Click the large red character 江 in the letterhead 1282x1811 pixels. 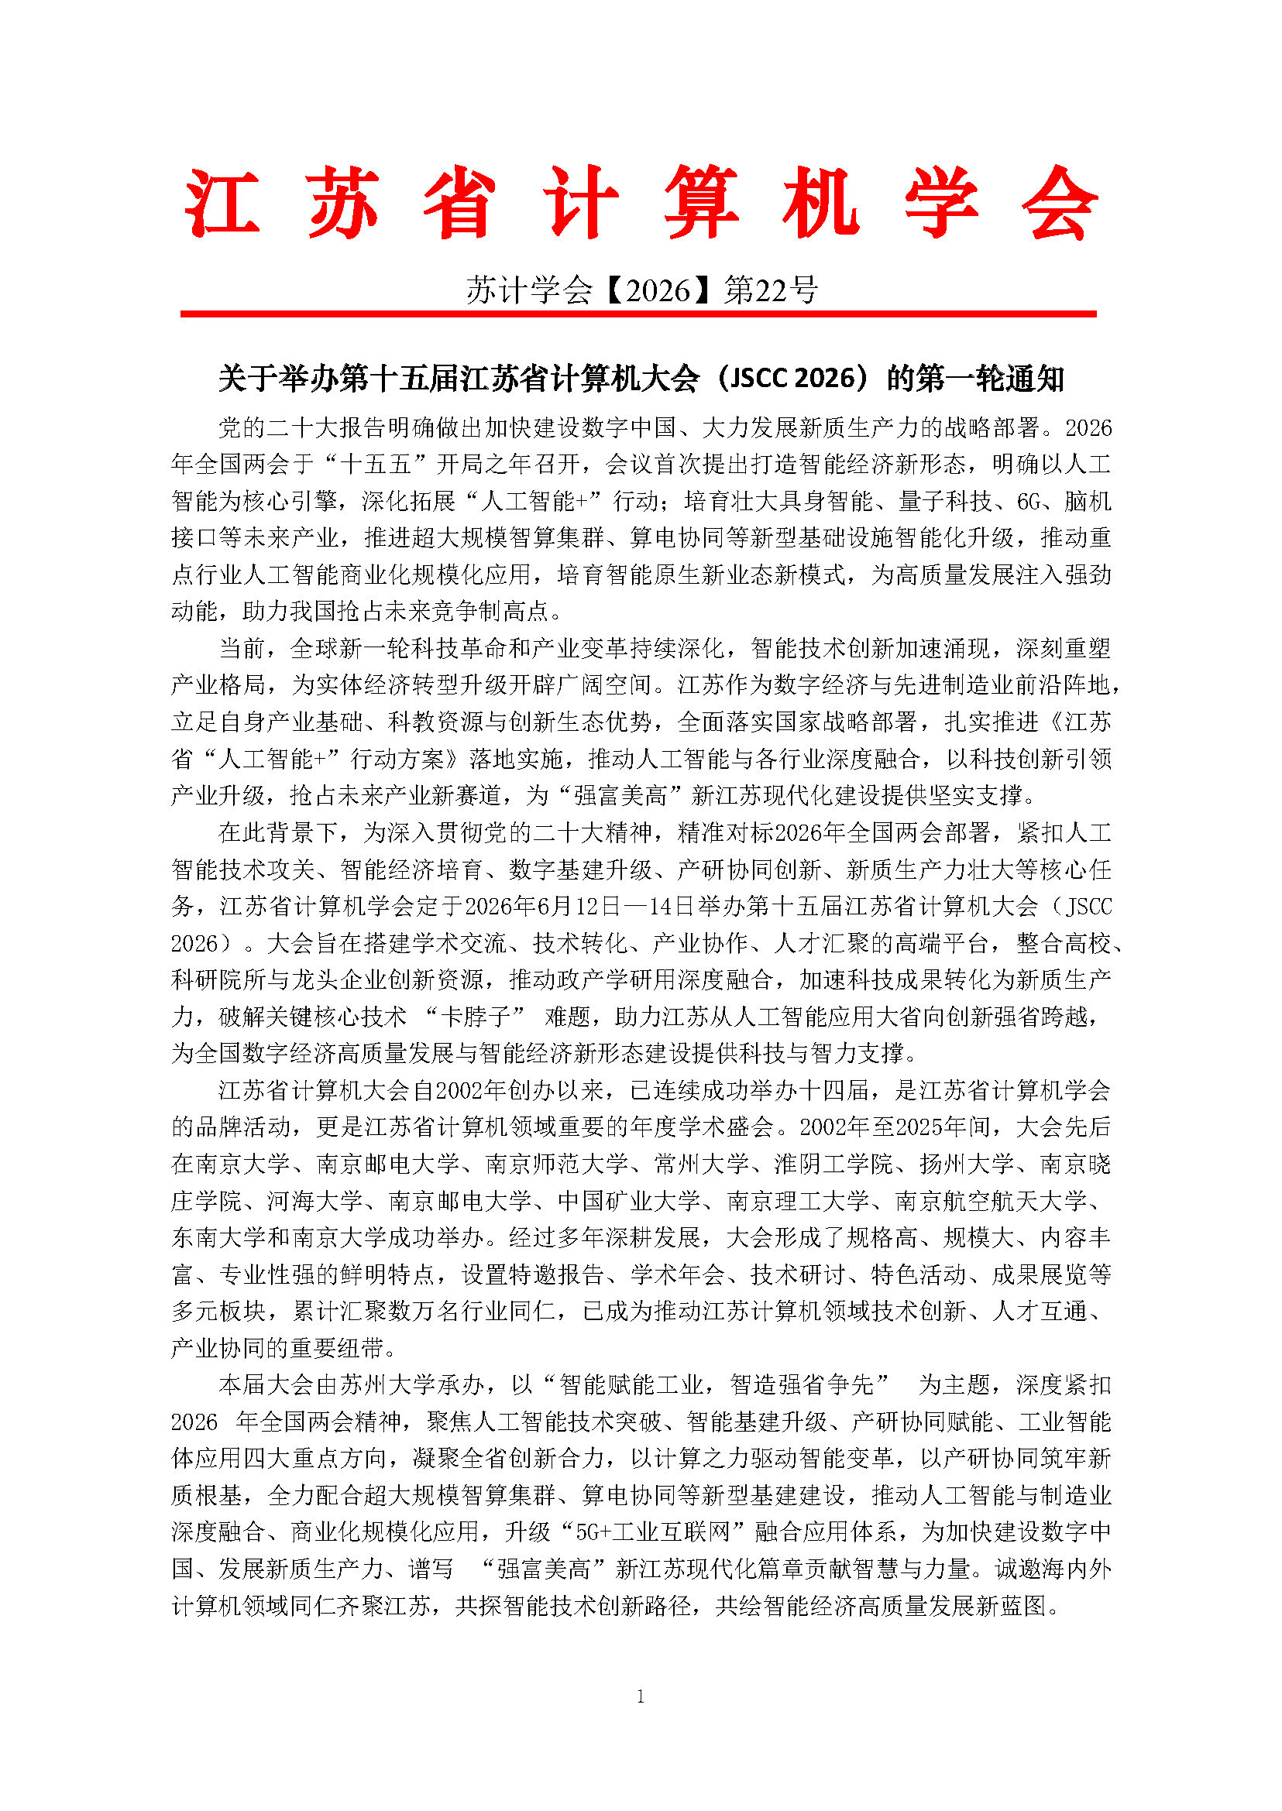tap(222, 203)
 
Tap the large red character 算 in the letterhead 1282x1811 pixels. tap(701, 203)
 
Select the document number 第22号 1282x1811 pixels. tap(771, 291)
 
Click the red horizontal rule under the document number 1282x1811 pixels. tap(638, 314)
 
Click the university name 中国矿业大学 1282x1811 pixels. tap(628, 1201)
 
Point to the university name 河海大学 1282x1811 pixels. tap(314, 1201)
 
